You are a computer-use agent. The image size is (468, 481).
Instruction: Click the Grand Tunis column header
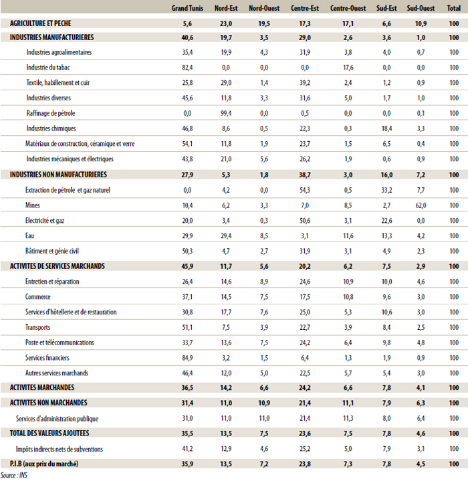coord(187,8)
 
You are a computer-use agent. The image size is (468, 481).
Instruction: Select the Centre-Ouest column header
coord(348,8)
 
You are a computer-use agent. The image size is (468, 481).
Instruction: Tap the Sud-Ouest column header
coord(421,8)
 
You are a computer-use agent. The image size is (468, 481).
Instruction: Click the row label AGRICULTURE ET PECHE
coord(41,23)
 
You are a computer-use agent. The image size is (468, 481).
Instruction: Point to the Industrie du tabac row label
coord(48,68)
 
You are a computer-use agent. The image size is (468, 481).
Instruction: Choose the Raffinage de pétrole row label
coord(51,113)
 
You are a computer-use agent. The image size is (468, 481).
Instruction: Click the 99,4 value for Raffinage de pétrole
coord(226,113)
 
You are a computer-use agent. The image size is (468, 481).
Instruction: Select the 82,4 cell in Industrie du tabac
coord(187,68)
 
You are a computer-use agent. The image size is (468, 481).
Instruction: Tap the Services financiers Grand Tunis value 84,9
coord(187,358)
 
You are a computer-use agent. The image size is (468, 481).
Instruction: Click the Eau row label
coord(29,235)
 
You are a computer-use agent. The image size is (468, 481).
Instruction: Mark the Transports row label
coord(37,327)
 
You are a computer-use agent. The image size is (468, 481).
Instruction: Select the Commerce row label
coord(37,296)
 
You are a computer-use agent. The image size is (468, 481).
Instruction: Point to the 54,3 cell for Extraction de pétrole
coord(305,190)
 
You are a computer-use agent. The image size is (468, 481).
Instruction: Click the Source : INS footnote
coord(14,475)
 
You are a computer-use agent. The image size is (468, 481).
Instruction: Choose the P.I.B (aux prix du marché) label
coord(44,464)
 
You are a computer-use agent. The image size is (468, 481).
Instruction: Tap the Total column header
coord(453,8)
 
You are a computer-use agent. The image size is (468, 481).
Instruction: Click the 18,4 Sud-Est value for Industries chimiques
coord(386,128)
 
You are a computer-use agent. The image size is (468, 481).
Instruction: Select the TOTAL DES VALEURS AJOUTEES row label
coord(49,433)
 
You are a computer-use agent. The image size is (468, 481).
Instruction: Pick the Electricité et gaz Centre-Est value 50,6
coord(305,221)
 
